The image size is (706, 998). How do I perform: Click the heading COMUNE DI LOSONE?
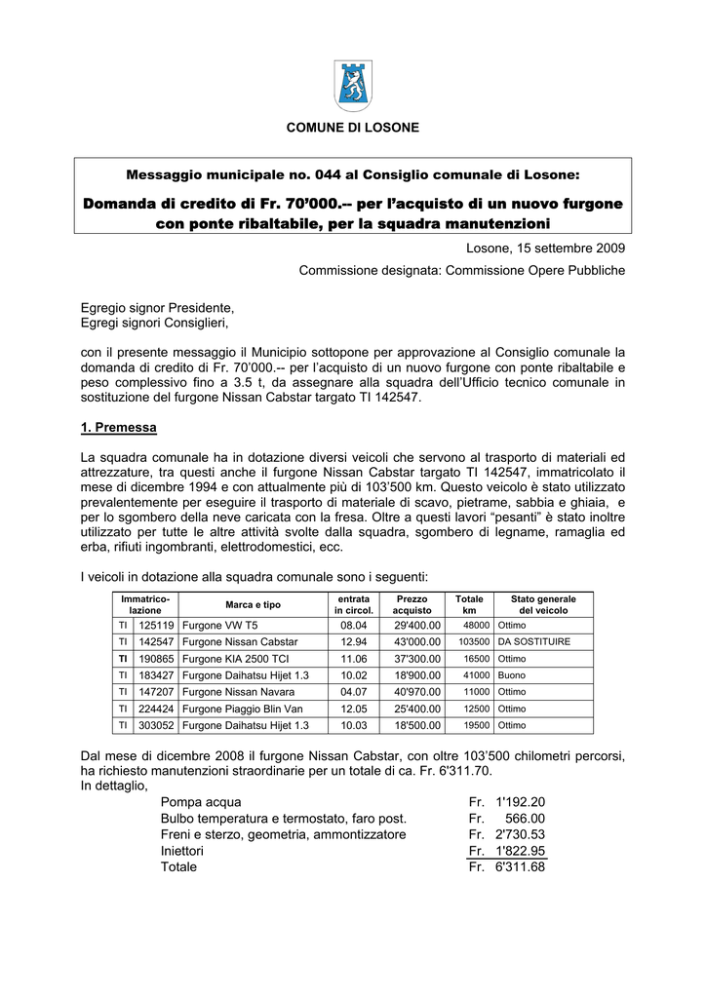coord(352,129)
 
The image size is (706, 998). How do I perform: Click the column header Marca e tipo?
coord(249,604)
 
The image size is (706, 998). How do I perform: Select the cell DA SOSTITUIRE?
coord(533,642)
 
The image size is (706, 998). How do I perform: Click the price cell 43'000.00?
coord(417,642)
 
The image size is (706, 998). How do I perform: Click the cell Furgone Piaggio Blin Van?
coord(242,709)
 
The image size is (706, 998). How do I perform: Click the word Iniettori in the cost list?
coord(182,851)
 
